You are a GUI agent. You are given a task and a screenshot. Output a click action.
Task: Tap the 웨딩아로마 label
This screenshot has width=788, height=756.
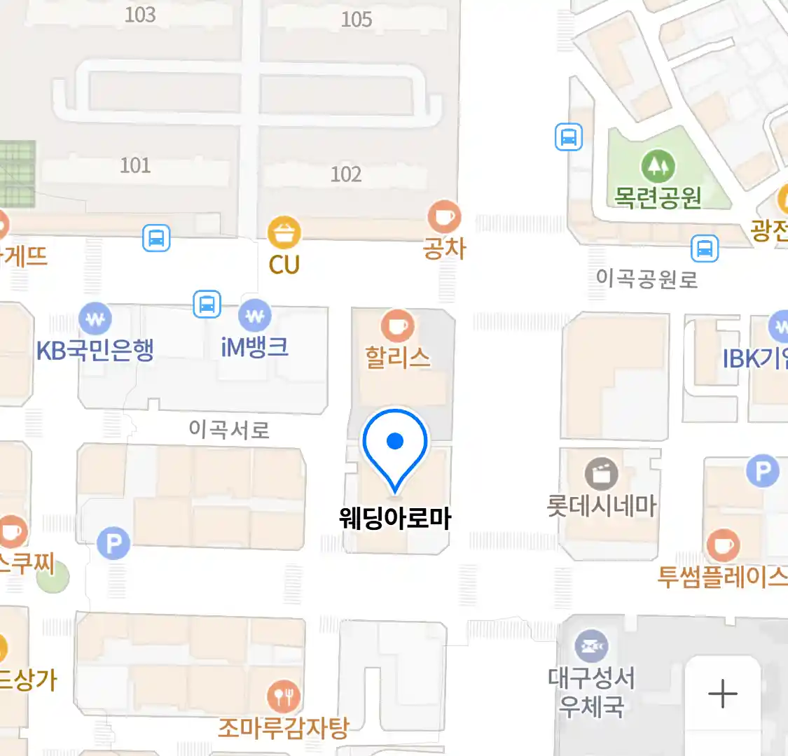pyautogui.click(x=395, y=519)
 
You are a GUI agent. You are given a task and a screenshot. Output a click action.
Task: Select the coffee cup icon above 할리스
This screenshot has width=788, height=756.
pyautogui.click(x=397, y=326)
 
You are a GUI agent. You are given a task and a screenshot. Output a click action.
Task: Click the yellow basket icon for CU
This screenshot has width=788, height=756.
pyautogui.click(x=284, y=232)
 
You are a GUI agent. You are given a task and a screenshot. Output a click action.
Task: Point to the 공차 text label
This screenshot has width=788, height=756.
pyautogui.click(x=444, y=248)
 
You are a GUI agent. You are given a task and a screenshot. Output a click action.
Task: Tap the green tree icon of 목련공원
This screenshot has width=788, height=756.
pyautogui.click(x=658, y=166)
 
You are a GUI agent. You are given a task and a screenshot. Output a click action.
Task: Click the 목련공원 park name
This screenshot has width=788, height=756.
pyautogui.click(x=658, y=197)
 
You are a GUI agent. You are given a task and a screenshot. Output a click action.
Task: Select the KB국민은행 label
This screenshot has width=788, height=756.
pyautogui.click(x=95, y=349)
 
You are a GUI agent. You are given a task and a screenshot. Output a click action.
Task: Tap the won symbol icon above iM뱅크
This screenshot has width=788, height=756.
pyautogui.click(x=255, y=316)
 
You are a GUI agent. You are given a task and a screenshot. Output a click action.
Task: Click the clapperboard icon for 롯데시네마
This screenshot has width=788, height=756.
pyautogui.click(x=602, y=474)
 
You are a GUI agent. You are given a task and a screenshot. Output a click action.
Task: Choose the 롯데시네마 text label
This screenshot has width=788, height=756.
pyautogui.click(x=602, y=505)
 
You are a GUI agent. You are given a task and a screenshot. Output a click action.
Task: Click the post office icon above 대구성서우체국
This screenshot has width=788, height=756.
pyautogui.click(x=592, y=645)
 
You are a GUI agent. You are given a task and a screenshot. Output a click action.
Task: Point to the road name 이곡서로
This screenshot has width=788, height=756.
pyautogui.click(x=229, y=429)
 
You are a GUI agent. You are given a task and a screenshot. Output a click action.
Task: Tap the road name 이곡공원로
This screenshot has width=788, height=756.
pyautogui.click(x=647, y=279)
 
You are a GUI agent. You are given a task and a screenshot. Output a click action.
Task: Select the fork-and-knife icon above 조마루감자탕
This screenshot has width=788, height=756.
pyautogui.click(x=284, y=696)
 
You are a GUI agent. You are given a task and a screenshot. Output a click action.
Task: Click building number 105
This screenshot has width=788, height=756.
pyautogui.click(x=356, y=19)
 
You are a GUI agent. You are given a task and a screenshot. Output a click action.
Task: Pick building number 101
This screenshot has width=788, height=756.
pyautogui.click(x=135, y=165)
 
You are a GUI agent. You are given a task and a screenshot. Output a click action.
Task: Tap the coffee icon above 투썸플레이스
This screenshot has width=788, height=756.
pyautogui.click(x=723, y=545)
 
